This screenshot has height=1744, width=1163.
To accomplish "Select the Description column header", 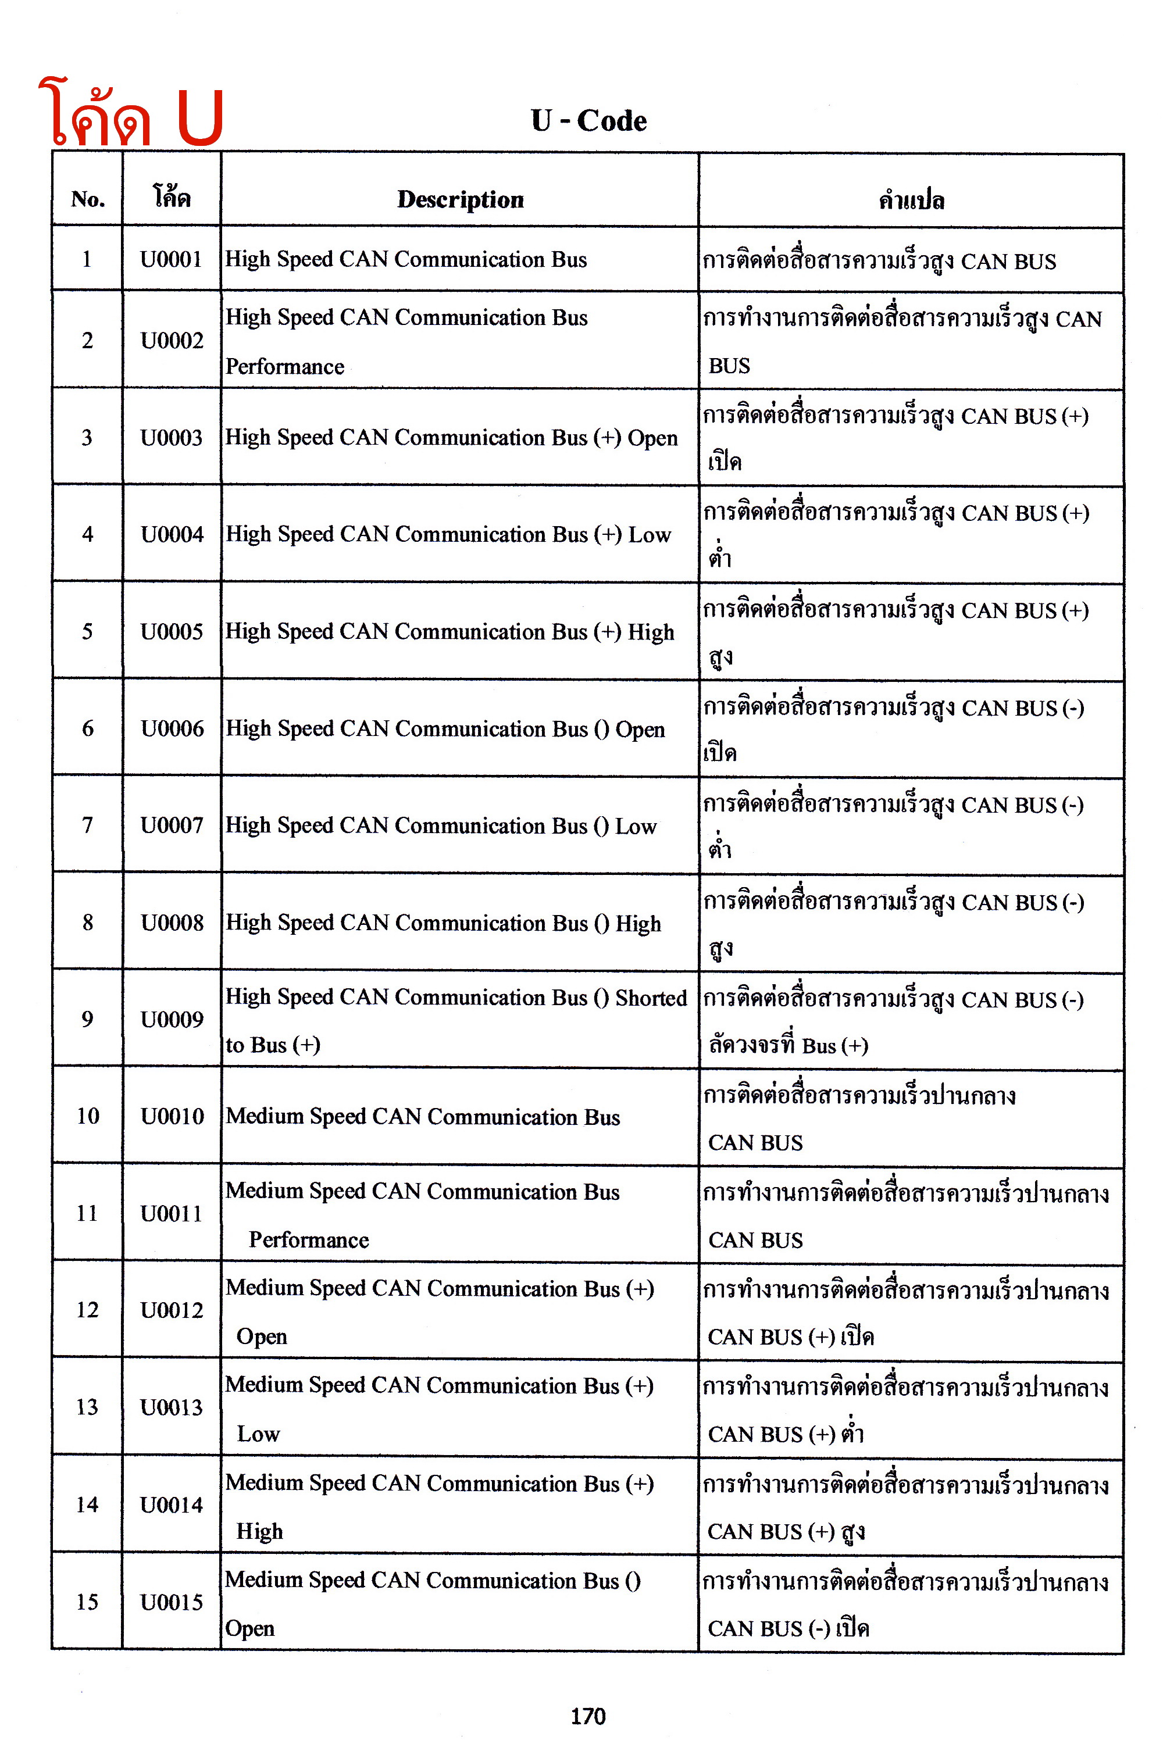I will [x=460, y=199].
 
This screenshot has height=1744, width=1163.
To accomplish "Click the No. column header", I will [x=88, y=199].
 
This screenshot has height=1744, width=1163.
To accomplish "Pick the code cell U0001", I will [x=172, y=259].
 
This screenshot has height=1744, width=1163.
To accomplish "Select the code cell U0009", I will [x=172, y=1020].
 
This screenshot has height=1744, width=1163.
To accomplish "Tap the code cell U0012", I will [x=172, y=1310].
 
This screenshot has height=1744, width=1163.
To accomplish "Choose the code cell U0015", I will [x=172, y=1602].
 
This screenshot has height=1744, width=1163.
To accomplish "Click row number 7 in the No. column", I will [x=88, y=825].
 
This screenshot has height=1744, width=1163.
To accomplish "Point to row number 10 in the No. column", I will [x=88, y=1116].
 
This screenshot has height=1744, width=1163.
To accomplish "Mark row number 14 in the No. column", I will [x=88, y=1504].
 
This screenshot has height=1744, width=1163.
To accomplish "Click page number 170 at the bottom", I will [x=588, y=1716].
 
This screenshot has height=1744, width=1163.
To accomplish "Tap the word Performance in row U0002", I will [x=285, y=367].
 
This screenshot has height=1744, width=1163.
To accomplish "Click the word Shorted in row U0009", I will [x=651, y=998].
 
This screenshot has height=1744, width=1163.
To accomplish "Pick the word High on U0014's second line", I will [x=259, y=1531].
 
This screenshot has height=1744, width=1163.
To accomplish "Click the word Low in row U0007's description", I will [x=636, y=826].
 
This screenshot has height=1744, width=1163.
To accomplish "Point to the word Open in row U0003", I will [x=652, y=438].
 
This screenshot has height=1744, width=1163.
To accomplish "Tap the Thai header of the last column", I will [x=912, y=200].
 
